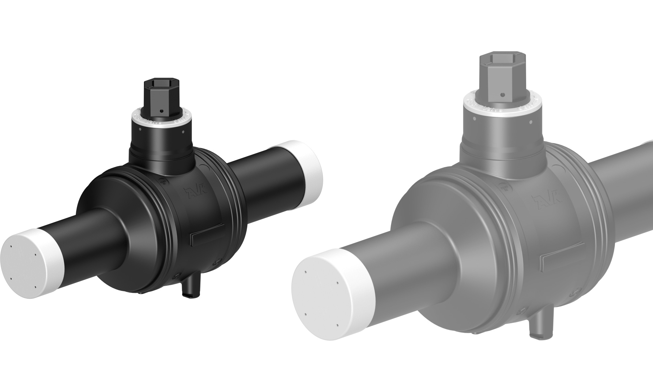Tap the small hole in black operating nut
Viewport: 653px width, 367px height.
[x=163, y=111]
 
